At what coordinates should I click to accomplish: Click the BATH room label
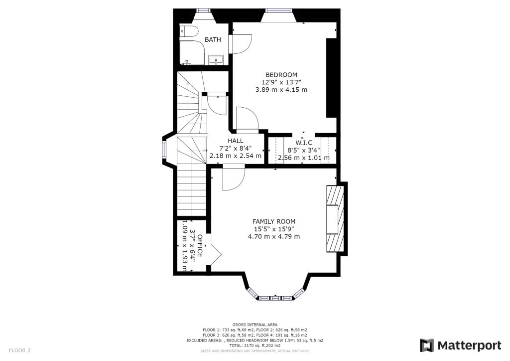click(213, 40)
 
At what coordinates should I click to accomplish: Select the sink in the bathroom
click(216, 60)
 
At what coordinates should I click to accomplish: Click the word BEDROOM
click(281, 75)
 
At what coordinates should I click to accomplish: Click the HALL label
click(236, 141)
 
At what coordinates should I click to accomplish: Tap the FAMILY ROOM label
click(273, 221)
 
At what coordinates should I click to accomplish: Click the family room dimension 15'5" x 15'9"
click(273, 229)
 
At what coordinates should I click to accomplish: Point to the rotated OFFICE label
click(200, 245)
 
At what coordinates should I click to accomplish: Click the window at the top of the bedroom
click(275, 10)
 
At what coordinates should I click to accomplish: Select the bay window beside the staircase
click(164, 150)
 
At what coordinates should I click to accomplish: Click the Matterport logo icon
click(427, 346)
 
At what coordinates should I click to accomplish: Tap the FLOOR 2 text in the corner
click(19, 351)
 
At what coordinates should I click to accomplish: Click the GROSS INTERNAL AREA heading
click(255, 325)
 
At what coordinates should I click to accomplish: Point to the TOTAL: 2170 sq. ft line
click(255, 345)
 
